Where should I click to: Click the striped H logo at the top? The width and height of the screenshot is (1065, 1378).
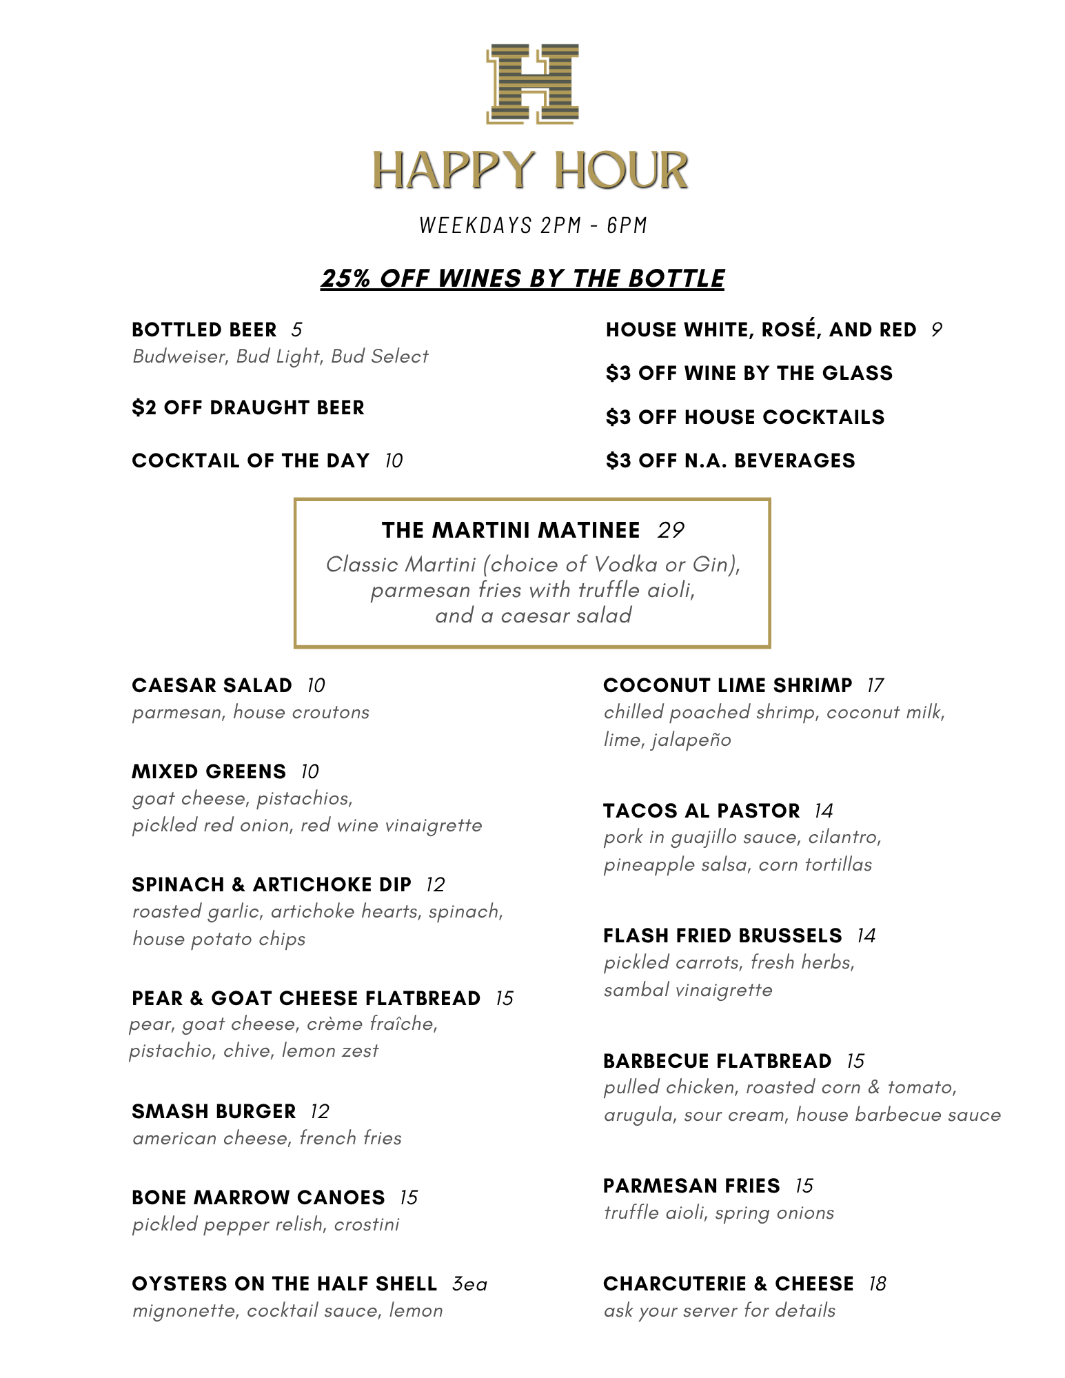pos(532,83)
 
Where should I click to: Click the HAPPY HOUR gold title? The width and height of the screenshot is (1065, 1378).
pos(531,170)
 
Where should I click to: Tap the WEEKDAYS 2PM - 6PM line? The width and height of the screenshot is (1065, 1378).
pos(533,225)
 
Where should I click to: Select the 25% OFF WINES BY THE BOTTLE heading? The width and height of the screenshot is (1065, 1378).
pos(523,278)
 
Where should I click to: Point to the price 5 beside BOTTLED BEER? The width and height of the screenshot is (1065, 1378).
pos(296,330)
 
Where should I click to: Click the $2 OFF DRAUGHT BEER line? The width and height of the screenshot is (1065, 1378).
pos(248,407)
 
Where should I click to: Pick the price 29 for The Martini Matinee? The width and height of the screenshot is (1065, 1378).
pos(671,530)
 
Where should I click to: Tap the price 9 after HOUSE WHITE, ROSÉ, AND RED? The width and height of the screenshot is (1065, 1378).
pos(936,330)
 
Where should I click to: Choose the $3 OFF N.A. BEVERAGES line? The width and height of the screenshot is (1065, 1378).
pos(731,460)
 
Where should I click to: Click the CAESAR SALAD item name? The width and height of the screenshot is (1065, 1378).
pos(212,685)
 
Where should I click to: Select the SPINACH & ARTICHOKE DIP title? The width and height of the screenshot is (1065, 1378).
pos(272,884)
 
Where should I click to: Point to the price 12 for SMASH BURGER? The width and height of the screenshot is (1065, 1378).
pos(320,1111)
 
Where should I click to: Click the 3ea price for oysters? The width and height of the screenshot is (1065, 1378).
pos(469,1284)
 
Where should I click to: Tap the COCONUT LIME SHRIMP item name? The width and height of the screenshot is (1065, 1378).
pos(728,685)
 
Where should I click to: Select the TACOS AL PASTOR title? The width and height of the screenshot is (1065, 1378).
pos(702,811)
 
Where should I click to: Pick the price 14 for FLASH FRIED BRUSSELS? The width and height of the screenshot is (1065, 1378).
pos(866,935)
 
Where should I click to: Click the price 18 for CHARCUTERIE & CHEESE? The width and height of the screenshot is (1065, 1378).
pos(878,1284)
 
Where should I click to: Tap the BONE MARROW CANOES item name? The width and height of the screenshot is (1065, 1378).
pos(258,1197)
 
